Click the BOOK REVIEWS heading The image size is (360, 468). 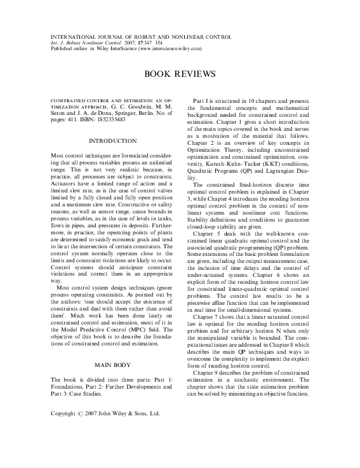(180, 74)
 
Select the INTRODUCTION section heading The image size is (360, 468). (114, 140)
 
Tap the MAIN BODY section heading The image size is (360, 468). (114, 365)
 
